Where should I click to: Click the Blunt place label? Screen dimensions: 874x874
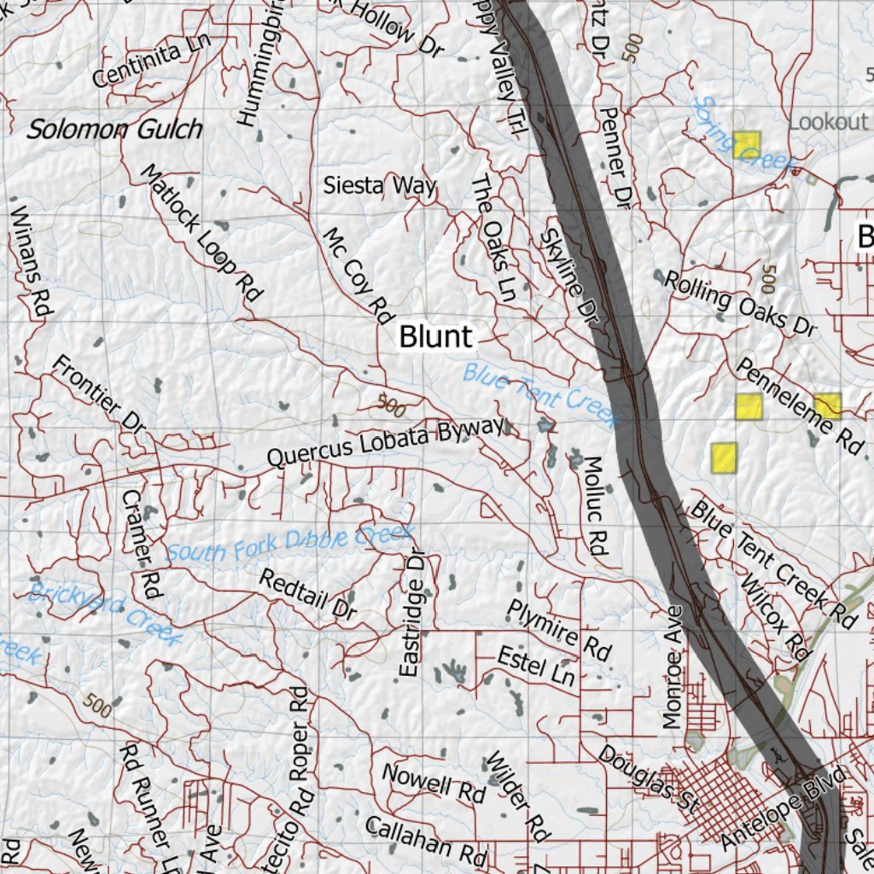click(435, 337)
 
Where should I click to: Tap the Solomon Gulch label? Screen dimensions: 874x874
click(115, 130)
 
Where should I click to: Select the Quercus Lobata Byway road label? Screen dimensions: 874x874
click(386, 443)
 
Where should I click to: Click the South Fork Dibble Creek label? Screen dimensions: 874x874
click(290, 544)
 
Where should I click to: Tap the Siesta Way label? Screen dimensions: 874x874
click(380, 185)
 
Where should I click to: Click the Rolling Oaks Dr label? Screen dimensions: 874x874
click(740, 302)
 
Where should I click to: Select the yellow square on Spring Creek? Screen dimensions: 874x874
click(746, 144)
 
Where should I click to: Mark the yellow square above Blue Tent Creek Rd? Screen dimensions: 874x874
click(724, 457)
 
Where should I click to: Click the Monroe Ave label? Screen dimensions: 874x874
click(674, 667)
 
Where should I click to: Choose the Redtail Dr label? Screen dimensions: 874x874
click(307, 595)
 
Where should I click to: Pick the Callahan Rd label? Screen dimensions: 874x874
click(424, 838)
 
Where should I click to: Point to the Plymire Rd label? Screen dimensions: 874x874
click(560, 630)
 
